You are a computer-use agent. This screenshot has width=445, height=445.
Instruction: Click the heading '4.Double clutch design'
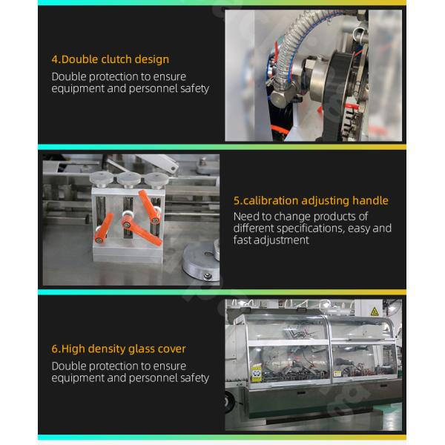coord(110,59)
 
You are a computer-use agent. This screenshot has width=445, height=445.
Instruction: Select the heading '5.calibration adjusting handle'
coord(311,201)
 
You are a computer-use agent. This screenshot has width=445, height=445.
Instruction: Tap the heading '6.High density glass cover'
coord(119,349)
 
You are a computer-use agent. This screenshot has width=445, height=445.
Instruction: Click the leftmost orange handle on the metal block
coord(104,228)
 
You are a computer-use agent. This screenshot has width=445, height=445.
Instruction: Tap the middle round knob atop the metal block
coord(129,179)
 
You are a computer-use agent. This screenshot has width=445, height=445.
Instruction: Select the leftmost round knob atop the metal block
coord(102,179)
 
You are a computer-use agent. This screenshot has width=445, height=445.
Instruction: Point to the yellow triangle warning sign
coord(375,311)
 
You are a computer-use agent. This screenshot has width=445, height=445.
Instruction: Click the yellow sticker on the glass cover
coord(257,374)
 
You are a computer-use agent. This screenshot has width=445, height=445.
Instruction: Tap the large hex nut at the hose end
coord(282,96)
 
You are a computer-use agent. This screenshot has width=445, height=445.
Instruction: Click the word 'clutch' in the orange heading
coord(116,59)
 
